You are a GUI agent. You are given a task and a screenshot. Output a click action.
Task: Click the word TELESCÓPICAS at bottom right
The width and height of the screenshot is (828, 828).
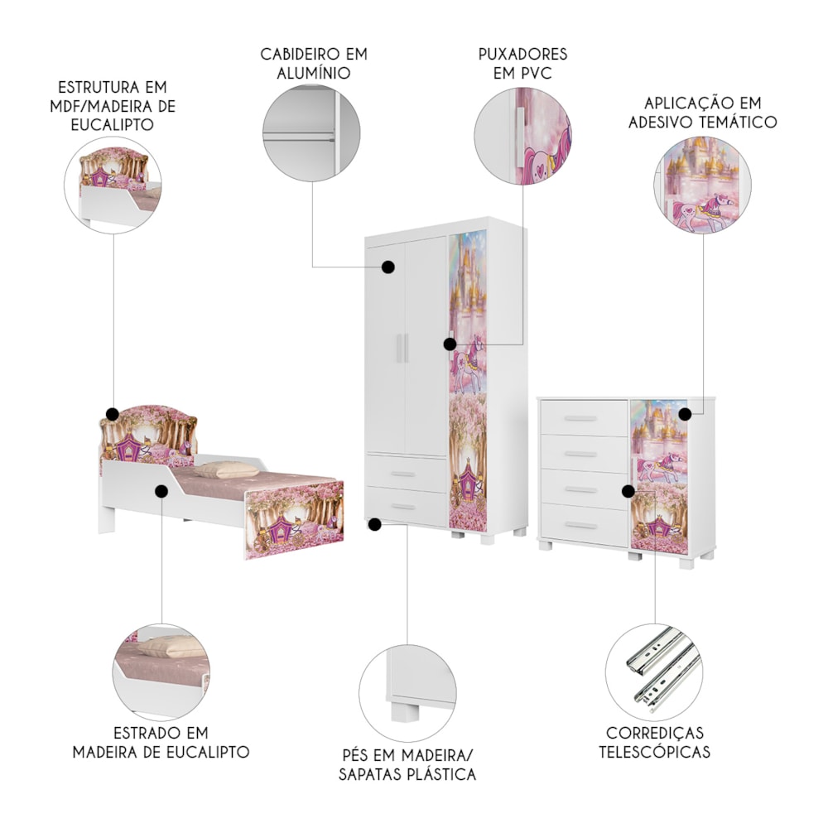[x=654, y=752]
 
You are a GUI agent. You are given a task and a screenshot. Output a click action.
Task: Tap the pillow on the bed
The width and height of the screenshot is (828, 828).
[x=227, y=469]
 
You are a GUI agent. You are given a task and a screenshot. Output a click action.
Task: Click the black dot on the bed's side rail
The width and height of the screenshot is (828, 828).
[x=161, y=491]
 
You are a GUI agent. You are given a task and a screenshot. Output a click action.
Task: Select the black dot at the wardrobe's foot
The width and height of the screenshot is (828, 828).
[x=374, y=524]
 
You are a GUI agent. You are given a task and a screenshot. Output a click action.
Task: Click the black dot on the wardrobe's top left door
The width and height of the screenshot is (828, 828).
[x=388, y=267]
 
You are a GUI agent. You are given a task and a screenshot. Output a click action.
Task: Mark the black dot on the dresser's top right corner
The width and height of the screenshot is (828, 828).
[x=685, y=414]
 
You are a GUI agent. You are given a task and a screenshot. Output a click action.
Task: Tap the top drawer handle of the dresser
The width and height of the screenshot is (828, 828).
[x=580, y=419]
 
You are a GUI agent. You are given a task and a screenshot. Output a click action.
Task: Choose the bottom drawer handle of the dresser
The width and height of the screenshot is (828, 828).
[x=580, y=526]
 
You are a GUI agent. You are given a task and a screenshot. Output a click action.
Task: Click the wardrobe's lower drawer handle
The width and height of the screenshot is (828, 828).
[x=403, y=508]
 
